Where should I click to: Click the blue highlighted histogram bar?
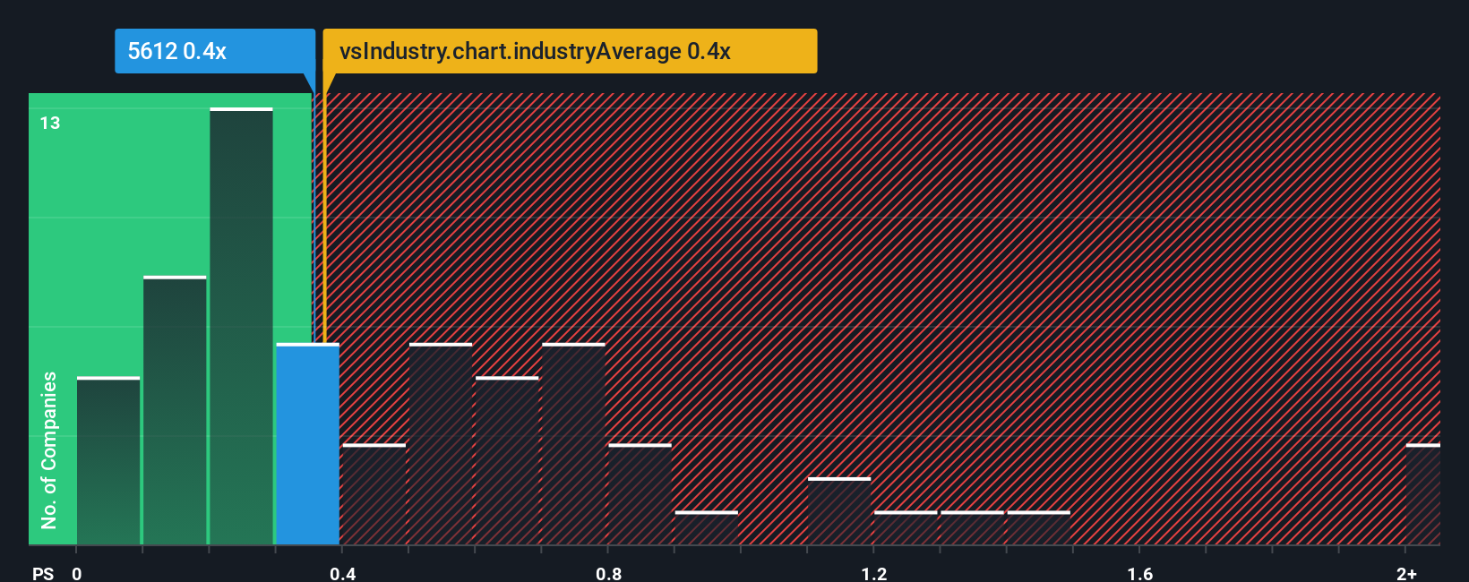pyautogui.click(x=307, y=444)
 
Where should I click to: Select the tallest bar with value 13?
pyautogui.click(x=241, y=327)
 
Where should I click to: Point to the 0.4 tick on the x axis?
pyautogui.click(x=342, y=573)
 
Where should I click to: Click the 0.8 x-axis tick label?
pyautogui.click(x=608, y=573)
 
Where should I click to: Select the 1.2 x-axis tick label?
pyautogui.click(x=874, y=573)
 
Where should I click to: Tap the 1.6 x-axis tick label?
pyautogui.click(x=1139, y=573)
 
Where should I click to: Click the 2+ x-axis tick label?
pyautogui.click(x=1406, y=573)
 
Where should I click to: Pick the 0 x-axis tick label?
pyautogui.click(x=77, y=573)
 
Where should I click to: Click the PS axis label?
pyautogui.click(x=43, y=573)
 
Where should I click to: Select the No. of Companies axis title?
pyautogui.click(x=49, y=449)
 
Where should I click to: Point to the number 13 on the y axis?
pyautogui.click(x=50, y=124)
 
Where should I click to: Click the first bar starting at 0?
pyautogui.click(x=108, y=461)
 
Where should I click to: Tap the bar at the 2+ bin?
pyautogui.click(x=1422, y=494)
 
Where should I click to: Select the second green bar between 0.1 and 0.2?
pyautogui.click(x=175, y=411)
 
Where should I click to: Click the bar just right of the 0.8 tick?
pyautogui.click(x=640, y=494)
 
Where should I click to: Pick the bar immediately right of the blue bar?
pyautogui.click(x=374, y=494)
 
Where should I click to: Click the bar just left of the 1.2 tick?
pyautogui.click(x=838, y=511)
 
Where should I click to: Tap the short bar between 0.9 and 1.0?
pyautogui.click(x=706, y=528)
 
